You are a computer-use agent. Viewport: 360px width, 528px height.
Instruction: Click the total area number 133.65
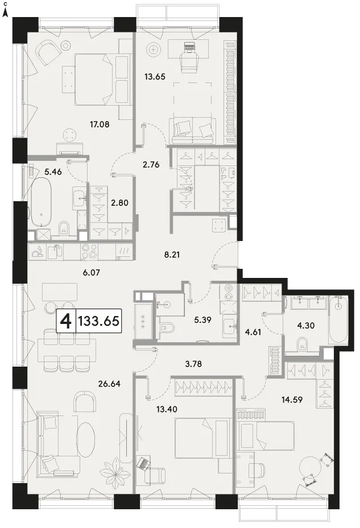pyautogui.click(x=99, y=321)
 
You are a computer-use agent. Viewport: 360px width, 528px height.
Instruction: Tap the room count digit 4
pyautogui.click(x=66, y=321)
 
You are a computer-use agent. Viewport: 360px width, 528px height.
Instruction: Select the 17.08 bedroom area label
pyautogui.click(x=100, y=124)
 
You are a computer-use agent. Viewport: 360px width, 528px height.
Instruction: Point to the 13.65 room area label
pyautogui.click(x=155, y=77)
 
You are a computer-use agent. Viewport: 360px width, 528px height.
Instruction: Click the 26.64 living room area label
pyautogui.click(x=109, y=384)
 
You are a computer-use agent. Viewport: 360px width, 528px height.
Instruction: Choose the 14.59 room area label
pyautogui.click(x=292, y=400)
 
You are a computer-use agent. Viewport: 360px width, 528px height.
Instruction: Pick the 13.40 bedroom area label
pyautogui.click(x=167, y=409)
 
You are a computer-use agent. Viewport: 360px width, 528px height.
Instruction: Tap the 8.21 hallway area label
pyautogui.click(x=172, y=255)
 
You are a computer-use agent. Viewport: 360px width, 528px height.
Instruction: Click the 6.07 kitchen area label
pyautogui.click(x=92, y=272)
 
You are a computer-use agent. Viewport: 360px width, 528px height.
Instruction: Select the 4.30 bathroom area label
pyautogui.click(x=306, y=326)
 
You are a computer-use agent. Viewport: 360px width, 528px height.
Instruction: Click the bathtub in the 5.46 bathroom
pyautogui.click(x=41, y=201)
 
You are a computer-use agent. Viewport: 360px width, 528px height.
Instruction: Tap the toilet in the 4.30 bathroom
pyautogui.click(x=303, y=344)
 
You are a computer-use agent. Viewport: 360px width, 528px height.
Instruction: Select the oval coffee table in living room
pyautogui.click(x=85, y=439)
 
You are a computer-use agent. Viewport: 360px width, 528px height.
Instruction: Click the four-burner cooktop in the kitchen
pyautogui.click(x=89, y=252)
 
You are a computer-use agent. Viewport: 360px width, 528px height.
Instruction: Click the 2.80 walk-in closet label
pyautogui.click(x=119, y=203)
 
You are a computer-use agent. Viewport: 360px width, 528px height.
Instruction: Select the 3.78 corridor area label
pyautogui.click(x=193, y=364)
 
